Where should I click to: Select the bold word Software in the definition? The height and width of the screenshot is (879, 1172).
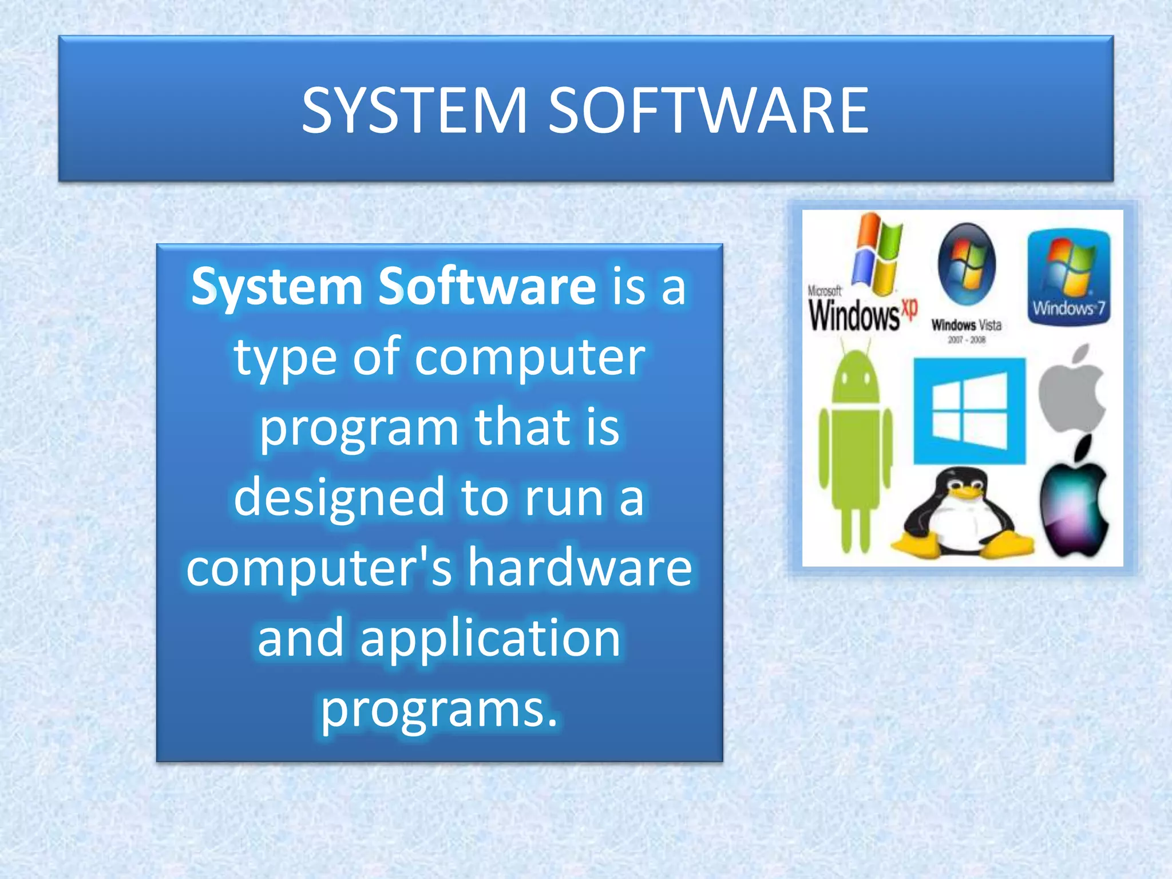pos(487,286)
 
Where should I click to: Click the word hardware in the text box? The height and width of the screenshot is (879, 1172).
pos(580,568)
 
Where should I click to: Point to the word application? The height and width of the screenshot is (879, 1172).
pos(490,638)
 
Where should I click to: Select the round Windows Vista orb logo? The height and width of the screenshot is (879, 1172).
pos(967,264)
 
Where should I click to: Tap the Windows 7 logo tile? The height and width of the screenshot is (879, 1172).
pos(1069,277)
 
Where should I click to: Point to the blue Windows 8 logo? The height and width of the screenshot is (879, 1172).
pos(969,411)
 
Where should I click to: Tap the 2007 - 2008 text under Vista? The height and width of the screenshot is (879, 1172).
pos(967,340)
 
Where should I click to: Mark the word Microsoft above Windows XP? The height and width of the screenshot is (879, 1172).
pos(824,291)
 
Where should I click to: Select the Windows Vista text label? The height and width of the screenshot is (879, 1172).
pos(967,325)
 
